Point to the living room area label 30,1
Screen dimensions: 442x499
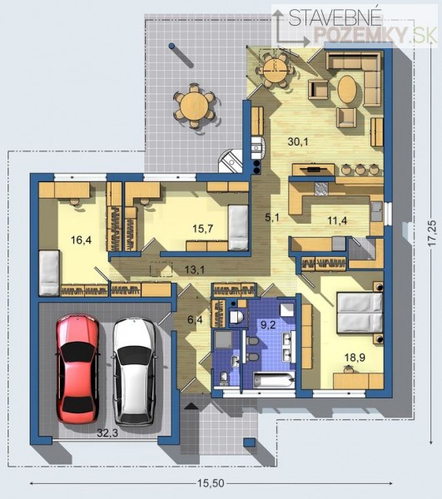[298, 141]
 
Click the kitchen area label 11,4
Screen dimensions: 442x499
[337, 220]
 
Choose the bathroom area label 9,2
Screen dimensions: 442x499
[268, 325]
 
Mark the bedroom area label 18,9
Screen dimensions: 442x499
[355, 357]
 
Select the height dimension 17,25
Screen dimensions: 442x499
[432, 233]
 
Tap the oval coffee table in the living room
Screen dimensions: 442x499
[347, 89]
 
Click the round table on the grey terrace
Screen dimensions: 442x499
[194, 106]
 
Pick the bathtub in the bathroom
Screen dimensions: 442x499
[274, 380]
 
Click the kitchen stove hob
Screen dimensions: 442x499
[321, 189]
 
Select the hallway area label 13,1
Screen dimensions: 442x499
[195, 269]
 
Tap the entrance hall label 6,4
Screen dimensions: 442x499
[195, 319]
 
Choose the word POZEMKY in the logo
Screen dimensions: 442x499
[360, 34]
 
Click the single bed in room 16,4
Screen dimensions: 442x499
[49, 273]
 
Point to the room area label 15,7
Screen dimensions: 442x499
[203, 229]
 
